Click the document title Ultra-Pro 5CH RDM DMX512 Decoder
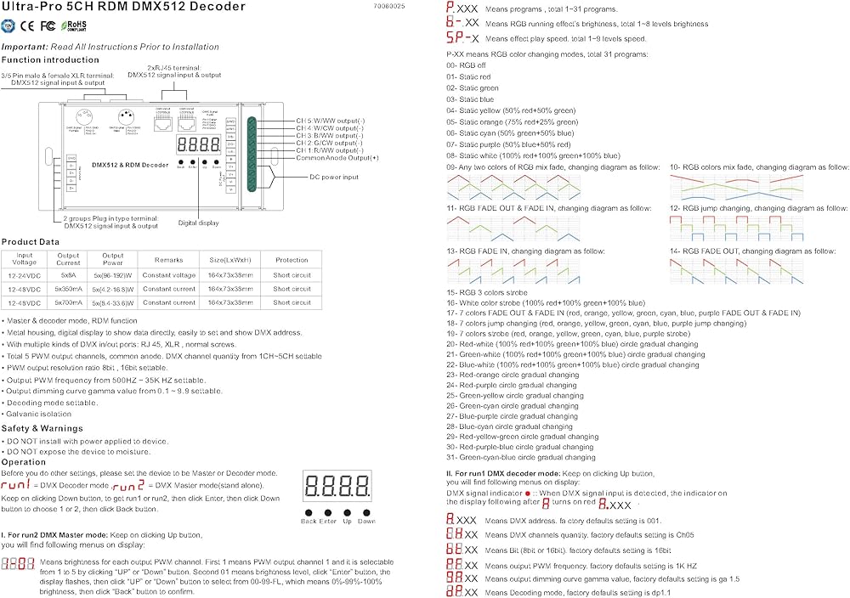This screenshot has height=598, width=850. click(123, 7)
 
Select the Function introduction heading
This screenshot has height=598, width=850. click(50, 60)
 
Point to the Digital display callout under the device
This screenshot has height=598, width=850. click(199, 223)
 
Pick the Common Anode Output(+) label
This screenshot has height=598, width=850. click(337, 158)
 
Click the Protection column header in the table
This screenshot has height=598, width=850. click(292, 260)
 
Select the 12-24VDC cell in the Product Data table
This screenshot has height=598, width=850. click(25, 275)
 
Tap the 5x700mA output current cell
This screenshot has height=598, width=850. click(69, 302)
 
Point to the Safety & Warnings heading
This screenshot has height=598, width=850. click(42, 428)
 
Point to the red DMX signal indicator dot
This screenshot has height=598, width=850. click(527, 493)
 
